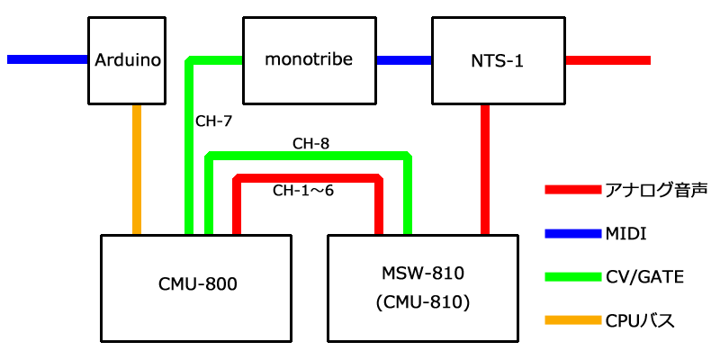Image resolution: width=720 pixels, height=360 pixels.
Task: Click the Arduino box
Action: pos(128,60)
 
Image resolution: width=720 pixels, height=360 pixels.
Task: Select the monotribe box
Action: pos(308,60)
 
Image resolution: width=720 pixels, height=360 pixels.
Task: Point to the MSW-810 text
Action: pos(422,273)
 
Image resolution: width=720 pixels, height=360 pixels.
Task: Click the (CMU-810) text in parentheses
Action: pos(422,302)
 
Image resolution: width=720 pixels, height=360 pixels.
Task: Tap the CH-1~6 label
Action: pos(303,191)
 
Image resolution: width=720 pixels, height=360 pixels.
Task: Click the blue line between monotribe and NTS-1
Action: pos(403,60)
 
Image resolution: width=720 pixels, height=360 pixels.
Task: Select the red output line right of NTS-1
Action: pos(607,60)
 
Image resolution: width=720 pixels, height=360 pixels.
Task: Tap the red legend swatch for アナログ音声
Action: pos(572,190)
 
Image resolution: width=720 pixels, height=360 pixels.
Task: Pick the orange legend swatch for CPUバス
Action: pos(572,320)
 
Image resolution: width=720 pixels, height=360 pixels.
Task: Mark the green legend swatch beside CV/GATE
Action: pos(572,277)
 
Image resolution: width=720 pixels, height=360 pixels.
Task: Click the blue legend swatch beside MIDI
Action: pos(572,234)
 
